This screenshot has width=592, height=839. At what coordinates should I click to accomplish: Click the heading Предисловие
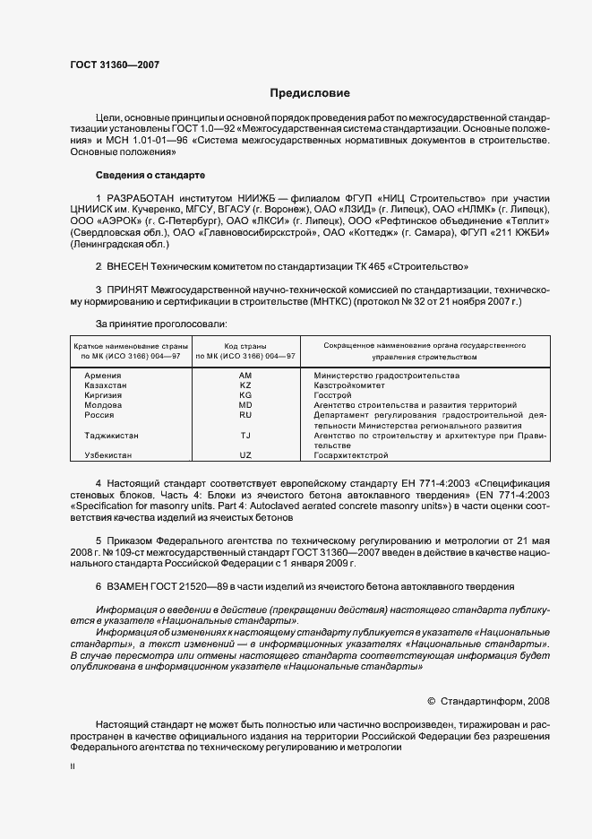point(310,93)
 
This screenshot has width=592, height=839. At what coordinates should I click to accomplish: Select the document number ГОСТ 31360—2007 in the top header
point(115,65)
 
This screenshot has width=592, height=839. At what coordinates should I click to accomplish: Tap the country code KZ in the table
point(245,385)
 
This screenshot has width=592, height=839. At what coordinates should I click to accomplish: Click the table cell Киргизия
point(104,394)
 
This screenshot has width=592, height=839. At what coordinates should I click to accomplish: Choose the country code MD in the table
point(245,405)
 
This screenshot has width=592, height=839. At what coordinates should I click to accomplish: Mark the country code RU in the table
point(245,415)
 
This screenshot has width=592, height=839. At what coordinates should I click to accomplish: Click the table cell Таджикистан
point(111,435)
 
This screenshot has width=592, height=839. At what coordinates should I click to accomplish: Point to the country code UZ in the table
point(245,455)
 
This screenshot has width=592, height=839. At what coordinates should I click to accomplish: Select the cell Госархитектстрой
point(351,455)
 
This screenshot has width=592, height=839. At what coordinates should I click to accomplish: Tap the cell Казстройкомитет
point(348,385)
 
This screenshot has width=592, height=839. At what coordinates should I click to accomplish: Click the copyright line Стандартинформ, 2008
point(489,701)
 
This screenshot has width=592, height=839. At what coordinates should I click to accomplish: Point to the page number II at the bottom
point(73,766)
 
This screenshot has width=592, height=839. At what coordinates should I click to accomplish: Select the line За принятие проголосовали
point(160,324)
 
